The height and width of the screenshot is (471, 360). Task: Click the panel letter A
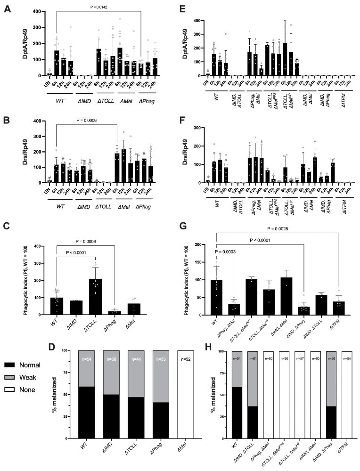(x=8, y=8)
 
